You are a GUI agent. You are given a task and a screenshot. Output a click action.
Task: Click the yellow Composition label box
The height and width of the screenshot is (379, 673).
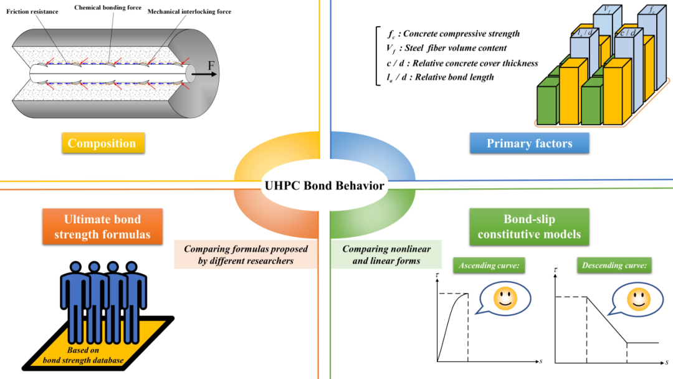(x=103, y=143)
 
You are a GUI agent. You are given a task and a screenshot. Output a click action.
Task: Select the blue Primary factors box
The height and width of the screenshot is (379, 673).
(x=529, y=143)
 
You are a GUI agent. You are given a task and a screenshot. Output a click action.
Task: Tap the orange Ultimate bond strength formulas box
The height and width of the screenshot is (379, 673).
(x=103, y=227)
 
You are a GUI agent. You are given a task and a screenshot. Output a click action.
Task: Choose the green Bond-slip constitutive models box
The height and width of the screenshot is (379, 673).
(x=529, y=227)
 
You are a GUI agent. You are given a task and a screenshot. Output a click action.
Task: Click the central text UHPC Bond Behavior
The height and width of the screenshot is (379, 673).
(x=325, y=185)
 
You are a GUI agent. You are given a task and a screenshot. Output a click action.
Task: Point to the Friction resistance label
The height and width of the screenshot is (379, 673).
(x=32, y=12)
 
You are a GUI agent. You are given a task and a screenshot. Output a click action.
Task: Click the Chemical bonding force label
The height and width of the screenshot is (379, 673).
(x=108, y=7)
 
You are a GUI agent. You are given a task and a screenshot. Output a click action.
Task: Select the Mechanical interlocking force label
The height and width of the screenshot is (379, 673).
(x=189, y=12)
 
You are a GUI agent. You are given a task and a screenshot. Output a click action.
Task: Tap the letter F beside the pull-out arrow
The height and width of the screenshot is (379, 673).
(x=211, y=65)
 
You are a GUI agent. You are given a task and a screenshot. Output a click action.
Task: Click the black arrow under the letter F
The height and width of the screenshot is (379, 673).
(x=204, y=74)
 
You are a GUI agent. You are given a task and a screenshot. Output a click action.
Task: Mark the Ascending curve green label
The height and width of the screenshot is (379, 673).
(x=489, y=266)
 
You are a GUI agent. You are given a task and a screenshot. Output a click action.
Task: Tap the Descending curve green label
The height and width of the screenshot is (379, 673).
(x=614, y=266)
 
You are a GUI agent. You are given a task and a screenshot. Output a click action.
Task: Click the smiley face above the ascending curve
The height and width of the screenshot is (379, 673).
(x=505, y=297)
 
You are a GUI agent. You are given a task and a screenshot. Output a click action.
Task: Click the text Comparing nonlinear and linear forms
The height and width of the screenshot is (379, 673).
(x=386, y=254)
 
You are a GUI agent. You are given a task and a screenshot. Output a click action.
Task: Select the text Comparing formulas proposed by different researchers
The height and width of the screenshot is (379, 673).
(x=246, y=254)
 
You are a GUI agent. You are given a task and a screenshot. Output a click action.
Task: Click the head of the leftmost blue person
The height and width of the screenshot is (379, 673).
(x=75, y=267)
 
